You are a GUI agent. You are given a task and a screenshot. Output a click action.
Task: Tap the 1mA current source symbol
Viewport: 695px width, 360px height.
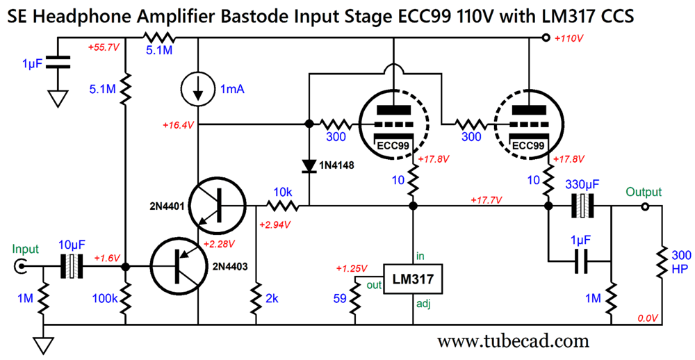(x=198, y=88)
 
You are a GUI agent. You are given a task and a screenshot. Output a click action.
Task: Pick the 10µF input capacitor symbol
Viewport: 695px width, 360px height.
(x=72, y=266)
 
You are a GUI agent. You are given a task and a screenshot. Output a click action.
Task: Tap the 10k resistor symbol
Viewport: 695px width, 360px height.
(x=284, y=206)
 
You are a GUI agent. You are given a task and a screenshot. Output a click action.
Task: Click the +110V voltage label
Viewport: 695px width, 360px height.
(x=569, y=38)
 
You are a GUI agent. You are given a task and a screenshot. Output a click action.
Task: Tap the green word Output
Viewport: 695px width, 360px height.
(x=644, y=192)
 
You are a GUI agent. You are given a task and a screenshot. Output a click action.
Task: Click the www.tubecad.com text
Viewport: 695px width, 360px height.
(x=513, y=341)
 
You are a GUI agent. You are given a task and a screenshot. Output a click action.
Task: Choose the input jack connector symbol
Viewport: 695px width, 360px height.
(x=22, y=266)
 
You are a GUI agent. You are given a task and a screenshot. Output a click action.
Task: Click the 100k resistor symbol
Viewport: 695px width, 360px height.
(x=126, y=297)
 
